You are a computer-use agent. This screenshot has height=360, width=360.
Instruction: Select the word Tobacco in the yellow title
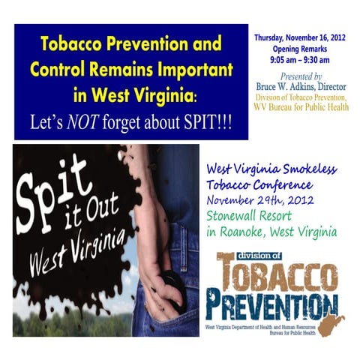point(70,43)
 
